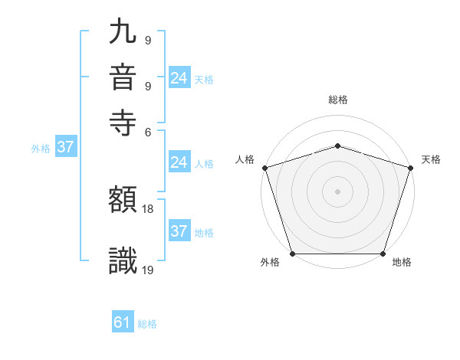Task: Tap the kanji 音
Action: tap(123, 78)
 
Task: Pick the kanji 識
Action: tap(123, 260)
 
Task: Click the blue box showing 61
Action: tap(123, 323)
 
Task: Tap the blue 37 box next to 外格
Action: tap(65, 148)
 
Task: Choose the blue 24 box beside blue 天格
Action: tap(179, 78)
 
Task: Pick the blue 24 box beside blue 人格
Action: tap(179, 162)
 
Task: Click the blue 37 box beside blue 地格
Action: tap(179, 231)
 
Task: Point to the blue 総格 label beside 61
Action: tap(147, 324)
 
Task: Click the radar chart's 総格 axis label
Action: tap(337, 100)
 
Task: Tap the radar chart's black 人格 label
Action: tap(245, 159)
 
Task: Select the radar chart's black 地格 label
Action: tap(402, 263)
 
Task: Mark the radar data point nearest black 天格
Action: tap(410, 168)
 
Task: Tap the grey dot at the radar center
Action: tap(337, 191)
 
